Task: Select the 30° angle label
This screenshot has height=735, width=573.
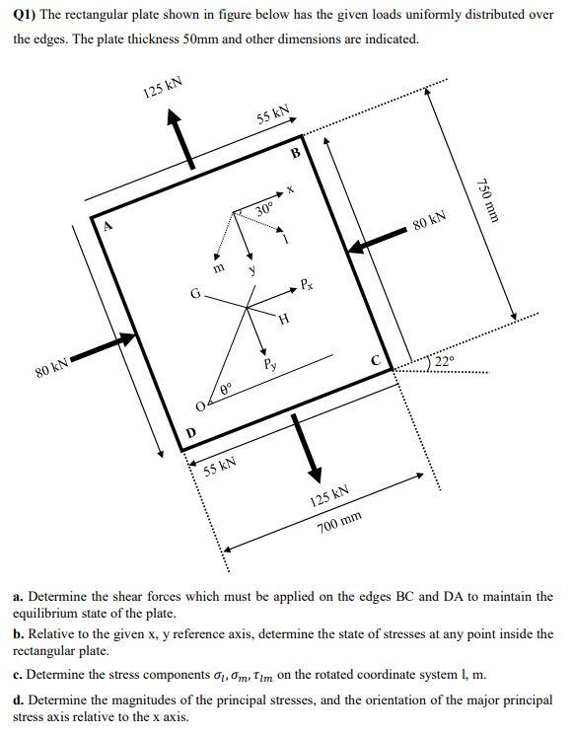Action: pyautogui.click(x=263, y=209)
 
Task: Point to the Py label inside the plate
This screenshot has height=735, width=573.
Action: pyautogui.click(x=268, y=364)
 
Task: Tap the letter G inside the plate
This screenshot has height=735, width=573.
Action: pyautogui.click(x=195, y=293)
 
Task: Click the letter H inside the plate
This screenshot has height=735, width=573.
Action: pyautogui.click(x=284, y=319)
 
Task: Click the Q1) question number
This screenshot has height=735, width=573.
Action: pyautogui.click(x=27, y=16)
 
